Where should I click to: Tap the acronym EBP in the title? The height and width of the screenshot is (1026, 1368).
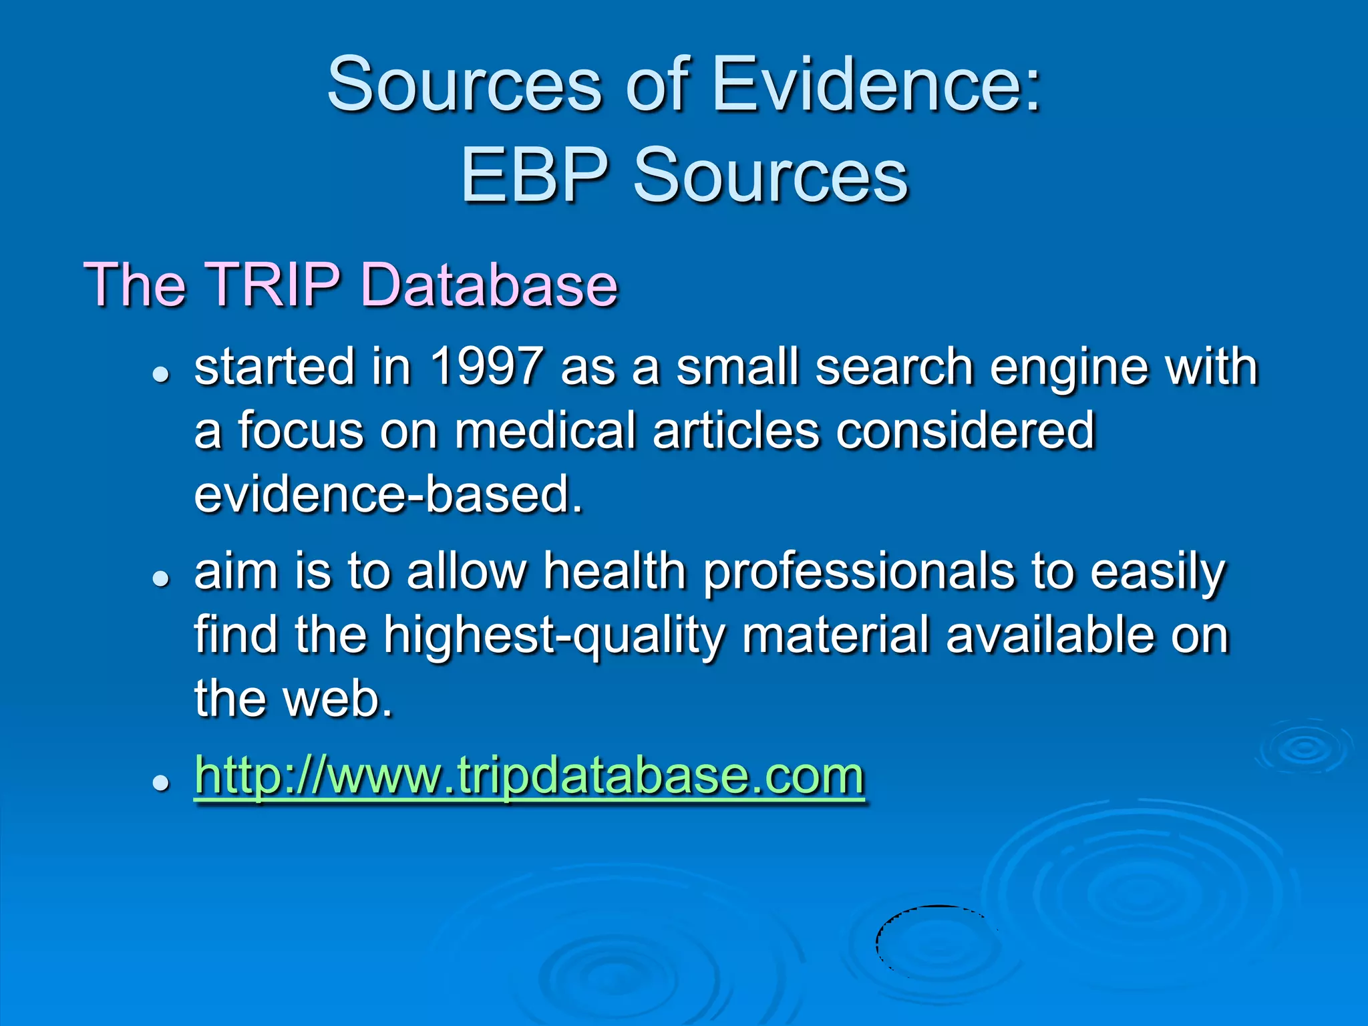pyautogui.click(x=534, y=175)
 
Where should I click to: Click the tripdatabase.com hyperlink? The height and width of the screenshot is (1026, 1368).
pyautogui.click(x=529, y=776)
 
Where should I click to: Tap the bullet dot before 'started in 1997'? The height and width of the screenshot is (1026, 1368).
pyautogui.click(x=160, y=375)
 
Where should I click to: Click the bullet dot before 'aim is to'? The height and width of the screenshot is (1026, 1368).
pyautogui.click(x=160, y=579)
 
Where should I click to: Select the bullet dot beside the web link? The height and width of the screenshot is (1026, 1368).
pyautogui.click(x=160, y=783)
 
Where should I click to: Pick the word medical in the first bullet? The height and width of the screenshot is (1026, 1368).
pyautogui.click(x=544, y=431)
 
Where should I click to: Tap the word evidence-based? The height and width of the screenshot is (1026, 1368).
pyautogui.click(x=387, y=496)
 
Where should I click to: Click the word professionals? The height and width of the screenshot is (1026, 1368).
pyautogui.click(x=858, y=572)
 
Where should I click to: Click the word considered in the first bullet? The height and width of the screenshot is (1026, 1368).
pyautogui.click(x=965, y=431)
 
